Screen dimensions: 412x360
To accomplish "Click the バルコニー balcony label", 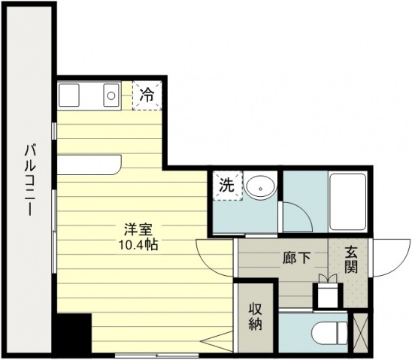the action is point(29,180).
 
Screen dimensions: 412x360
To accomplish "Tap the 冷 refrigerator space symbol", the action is point(147,95).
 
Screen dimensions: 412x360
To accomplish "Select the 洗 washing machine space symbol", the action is point(227,186).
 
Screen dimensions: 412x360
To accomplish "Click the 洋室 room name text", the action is point(138,230).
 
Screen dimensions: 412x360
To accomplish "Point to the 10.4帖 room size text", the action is point(138,245).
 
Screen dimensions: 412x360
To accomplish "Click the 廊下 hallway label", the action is point(297,258).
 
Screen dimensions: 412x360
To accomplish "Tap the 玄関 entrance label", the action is point(352,260).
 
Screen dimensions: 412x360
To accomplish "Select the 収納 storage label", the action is point(256,316).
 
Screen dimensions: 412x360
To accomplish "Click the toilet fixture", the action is point(329,333).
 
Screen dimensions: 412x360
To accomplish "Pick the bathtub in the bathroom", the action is point(348,201).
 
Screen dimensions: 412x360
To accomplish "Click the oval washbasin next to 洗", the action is point(260,187).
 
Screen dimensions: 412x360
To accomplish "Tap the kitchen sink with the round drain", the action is point(111,95).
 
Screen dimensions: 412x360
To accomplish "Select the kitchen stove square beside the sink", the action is point(69,95).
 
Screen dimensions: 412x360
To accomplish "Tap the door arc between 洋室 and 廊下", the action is point(205,262).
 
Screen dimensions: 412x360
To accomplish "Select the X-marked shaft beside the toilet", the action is point(360,333).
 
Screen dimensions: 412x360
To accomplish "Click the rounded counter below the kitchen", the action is point(89,165).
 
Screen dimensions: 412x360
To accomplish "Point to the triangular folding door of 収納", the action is point(217,341).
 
